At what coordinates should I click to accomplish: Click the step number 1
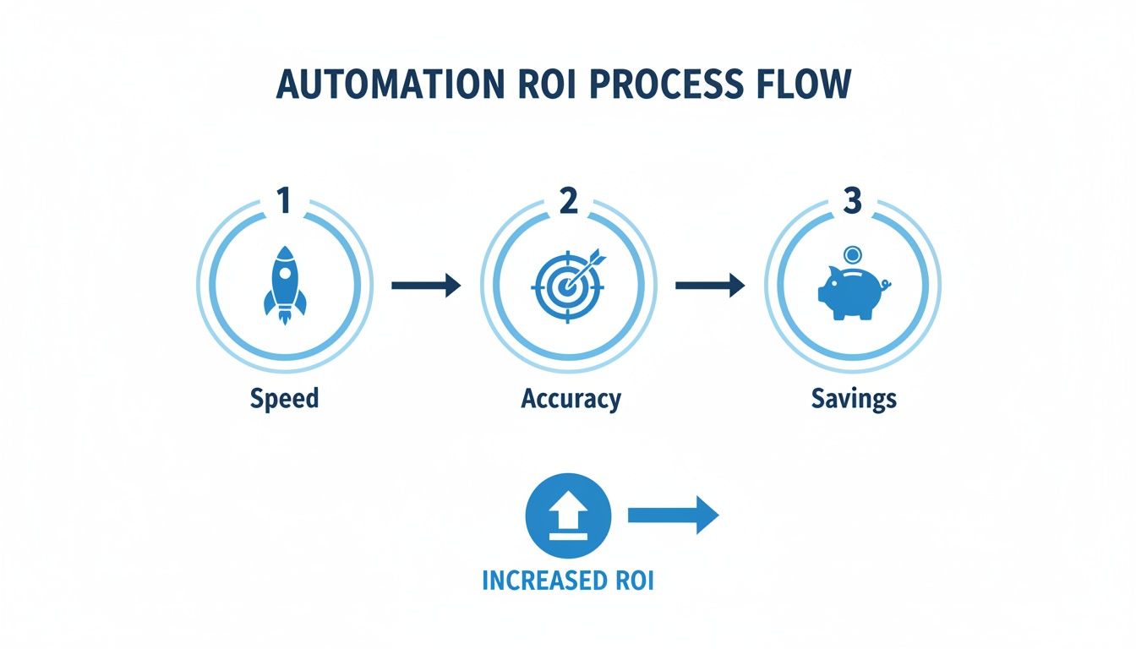pyautogui.click(x=284, y=201)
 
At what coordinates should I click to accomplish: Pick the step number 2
pyautogui.click(x=568, y=201)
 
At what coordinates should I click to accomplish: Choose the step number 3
pyautogui.click(x=852, y=201)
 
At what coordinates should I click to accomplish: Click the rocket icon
pyautogui.click(x=284, y=282)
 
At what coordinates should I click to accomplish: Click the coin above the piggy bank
pyautogui.click(x=852, y=254)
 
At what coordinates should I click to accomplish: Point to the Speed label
pyautogui.click(x=284, y=398)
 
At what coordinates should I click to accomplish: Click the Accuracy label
pyautogui.click(x=571, y=398)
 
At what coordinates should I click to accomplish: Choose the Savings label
pyautogui.click(x=853, y=398)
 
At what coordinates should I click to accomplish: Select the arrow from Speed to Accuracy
pyautogui.click(x=426, y=286)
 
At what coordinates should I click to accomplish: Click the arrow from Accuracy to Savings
pyautogui.click(x=710, y=286)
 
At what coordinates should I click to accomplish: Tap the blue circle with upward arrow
pyautogui.click(x=567, y=515)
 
